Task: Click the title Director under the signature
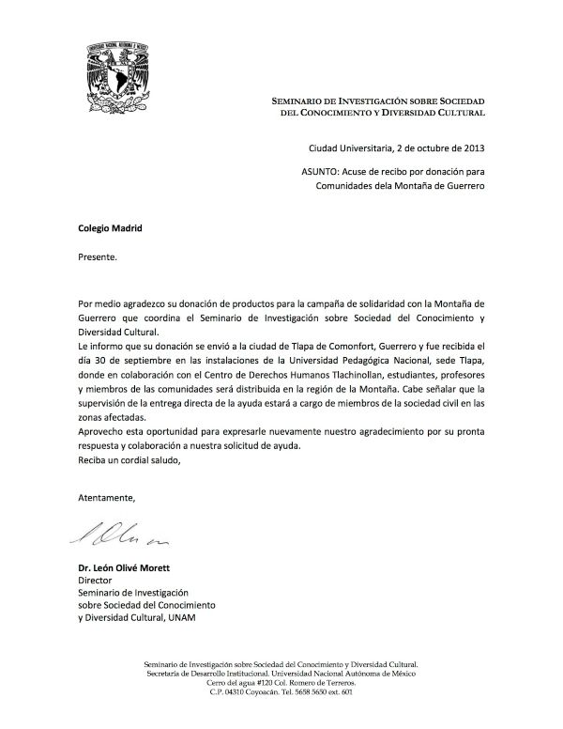(93, 581)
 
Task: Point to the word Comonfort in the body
(308, 347)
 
